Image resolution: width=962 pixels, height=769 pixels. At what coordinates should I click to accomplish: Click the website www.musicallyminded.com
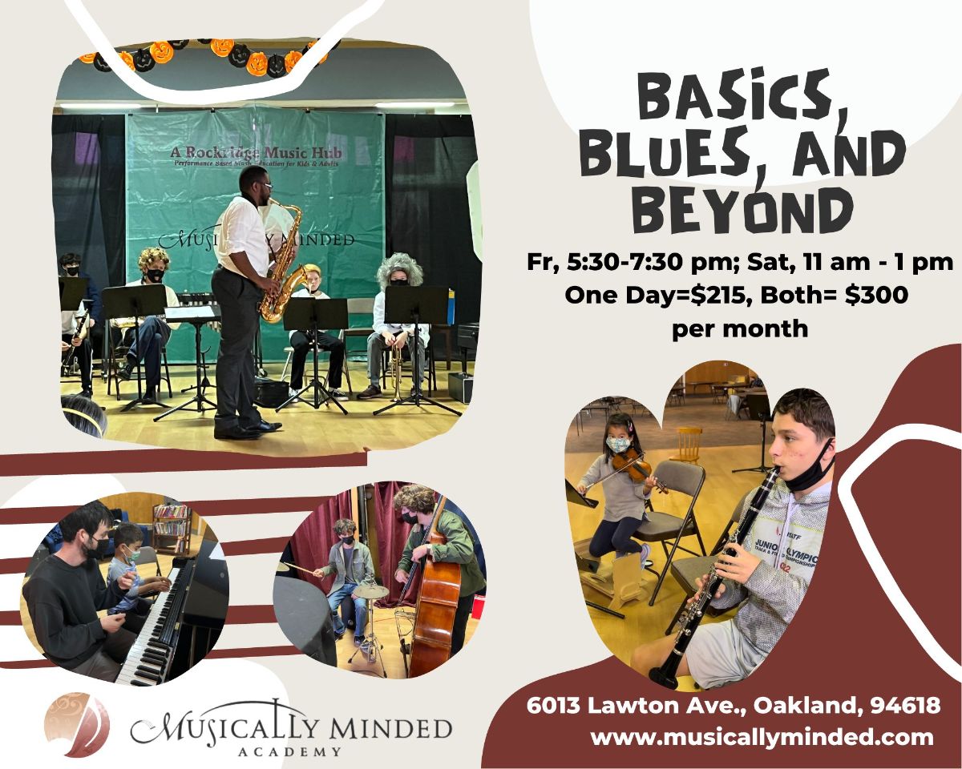[762, 737]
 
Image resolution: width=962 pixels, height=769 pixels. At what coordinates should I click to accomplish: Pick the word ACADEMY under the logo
[290, 751]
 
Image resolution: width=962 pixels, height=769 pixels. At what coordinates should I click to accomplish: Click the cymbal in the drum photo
[371, 591]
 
